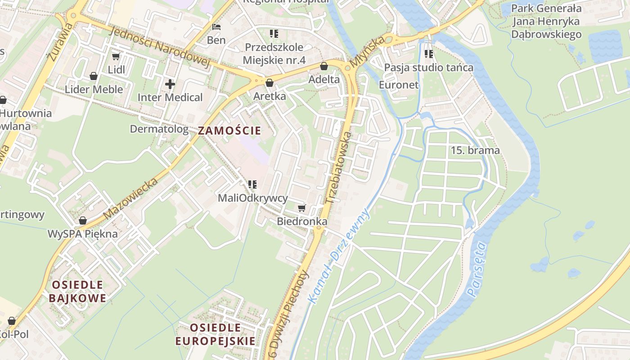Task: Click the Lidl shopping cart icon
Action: [x=116, y=56]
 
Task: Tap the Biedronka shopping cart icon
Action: [x=301, y=208]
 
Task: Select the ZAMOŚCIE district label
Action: [x=229, y=131]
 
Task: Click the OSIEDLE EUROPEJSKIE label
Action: [x=216, y=334]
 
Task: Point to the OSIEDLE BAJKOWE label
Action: [x=77, y=291]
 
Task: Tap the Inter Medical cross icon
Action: [x=170, y=84]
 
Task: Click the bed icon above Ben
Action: [x=216, y=27]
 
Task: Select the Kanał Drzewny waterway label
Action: [x=338, y=255]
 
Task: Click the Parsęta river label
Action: [x=477, y=270]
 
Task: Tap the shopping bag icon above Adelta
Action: [x=324, y=67]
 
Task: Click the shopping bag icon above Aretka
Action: [x=270, y=83]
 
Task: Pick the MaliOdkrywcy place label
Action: [x=252, y=198]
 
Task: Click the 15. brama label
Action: [x=475, y=150]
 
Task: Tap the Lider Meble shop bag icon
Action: [x=94, y=76]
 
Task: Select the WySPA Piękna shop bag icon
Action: [x=82, y=220]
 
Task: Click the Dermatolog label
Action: [x=159, y=129]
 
